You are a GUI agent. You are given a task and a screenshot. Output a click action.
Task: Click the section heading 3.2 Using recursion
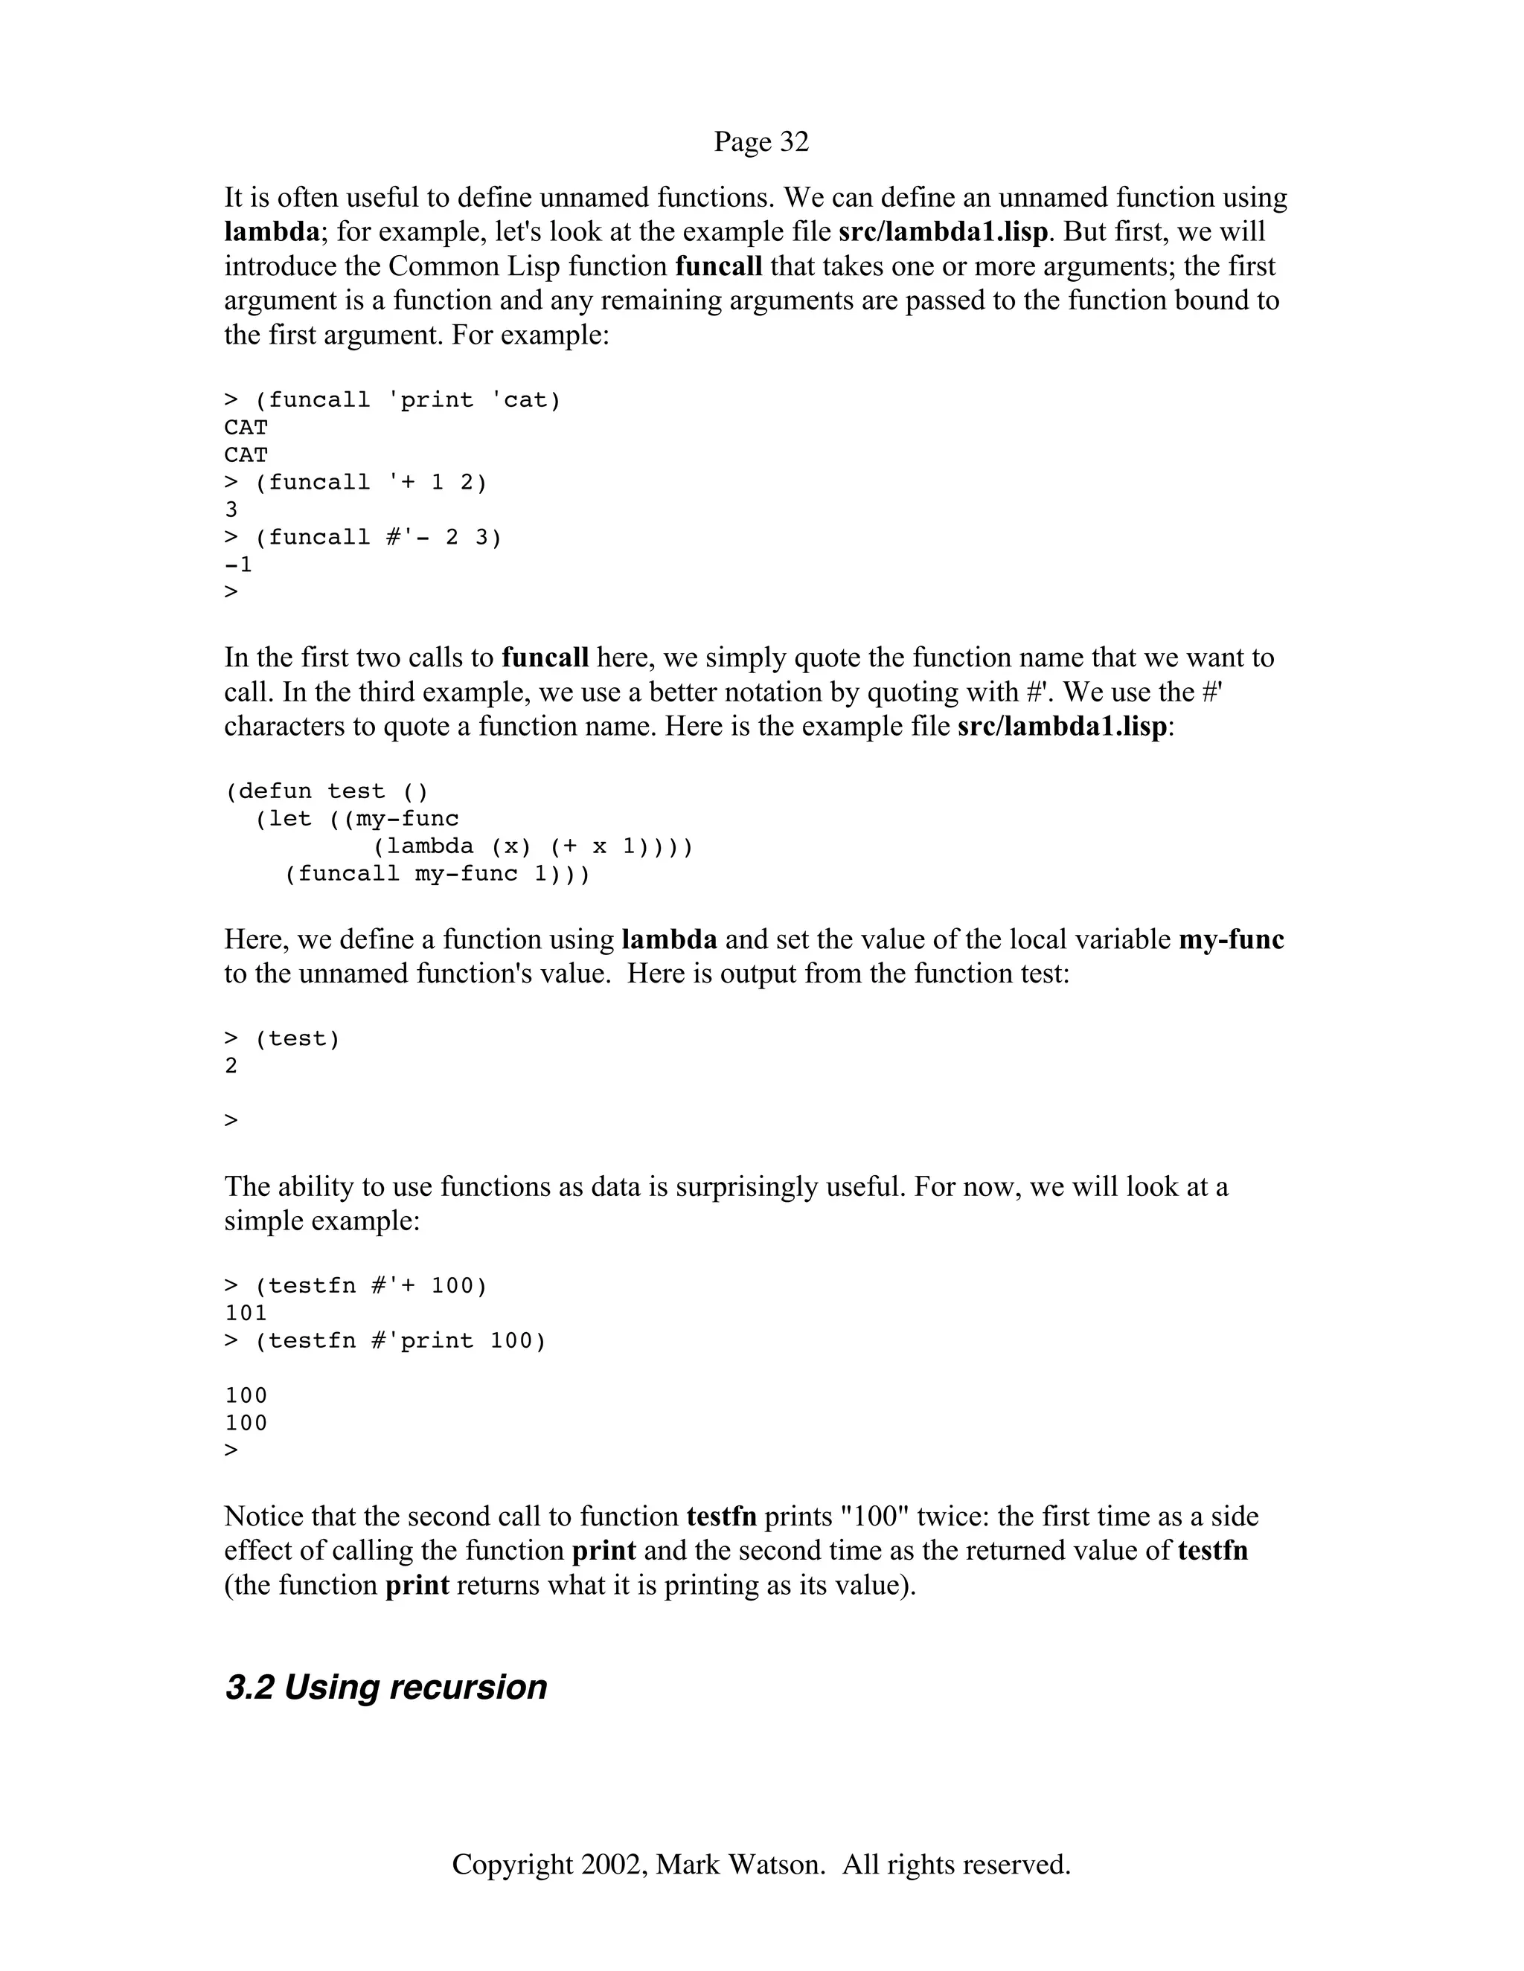[385, 1687]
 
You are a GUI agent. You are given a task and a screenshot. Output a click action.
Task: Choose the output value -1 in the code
[238, 565]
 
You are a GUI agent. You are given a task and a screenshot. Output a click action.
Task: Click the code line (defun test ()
[326, 791]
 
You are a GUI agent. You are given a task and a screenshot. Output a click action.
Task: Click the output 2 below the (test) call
[231, 1066]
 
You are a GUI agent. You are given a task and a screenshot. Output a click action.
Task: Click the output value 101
[246, 1313]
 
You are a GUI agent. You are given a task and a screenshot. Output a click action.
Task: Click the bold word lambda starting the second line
[271, 232]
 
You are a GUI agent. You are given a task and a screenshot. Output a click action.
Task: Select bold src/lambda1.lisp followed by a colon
[1062, 726]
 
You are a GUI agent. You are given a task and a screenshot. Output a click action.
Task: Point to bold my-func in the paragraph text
[1231, 939]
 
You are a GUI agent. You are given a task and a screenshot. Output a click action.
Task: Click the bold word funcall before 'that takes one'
[719, 266]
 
